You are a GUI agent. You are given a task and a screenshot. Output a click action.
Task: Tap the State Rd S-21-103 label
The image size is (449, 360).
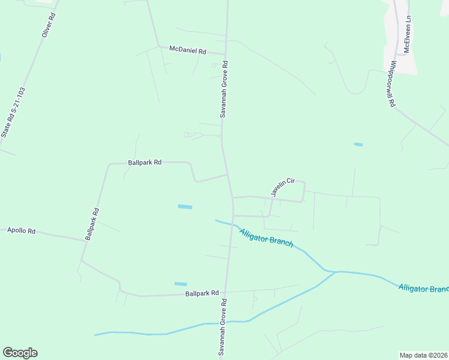14,113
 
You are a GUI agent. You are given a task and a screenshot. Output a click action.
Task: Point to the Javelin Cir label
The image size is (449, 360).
282,187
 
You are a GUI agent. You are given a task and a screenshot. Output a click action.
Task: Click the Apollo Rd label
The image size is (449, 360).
21,230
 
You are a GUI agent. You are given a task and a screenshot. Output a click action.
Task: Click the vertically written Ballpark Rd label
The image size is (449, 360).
92,224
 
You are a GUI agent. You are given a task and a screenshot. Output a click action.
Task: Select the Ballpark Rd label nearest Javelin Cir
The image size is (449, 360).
145,162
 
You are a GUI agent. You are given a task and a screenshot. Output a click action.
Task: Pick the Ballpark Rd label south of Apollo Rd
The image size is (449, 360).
202,293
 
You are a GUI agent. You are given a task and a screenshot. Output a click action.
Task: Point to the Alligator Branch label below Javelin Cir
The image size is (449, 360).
266,238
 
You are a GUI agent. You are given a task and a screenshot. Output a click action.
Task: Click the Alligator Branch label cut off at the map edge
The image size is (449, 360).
423,289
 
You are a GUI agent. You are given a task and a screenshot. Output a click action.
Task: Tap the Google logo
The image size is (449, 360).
20,353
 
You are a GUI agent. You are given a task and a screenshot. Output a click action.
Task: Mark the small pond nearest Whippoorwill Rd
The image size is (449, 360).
358,145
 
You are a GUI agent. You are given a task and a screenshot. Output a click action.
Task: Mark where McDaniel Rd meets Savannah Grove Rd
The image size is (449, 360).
226,54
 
